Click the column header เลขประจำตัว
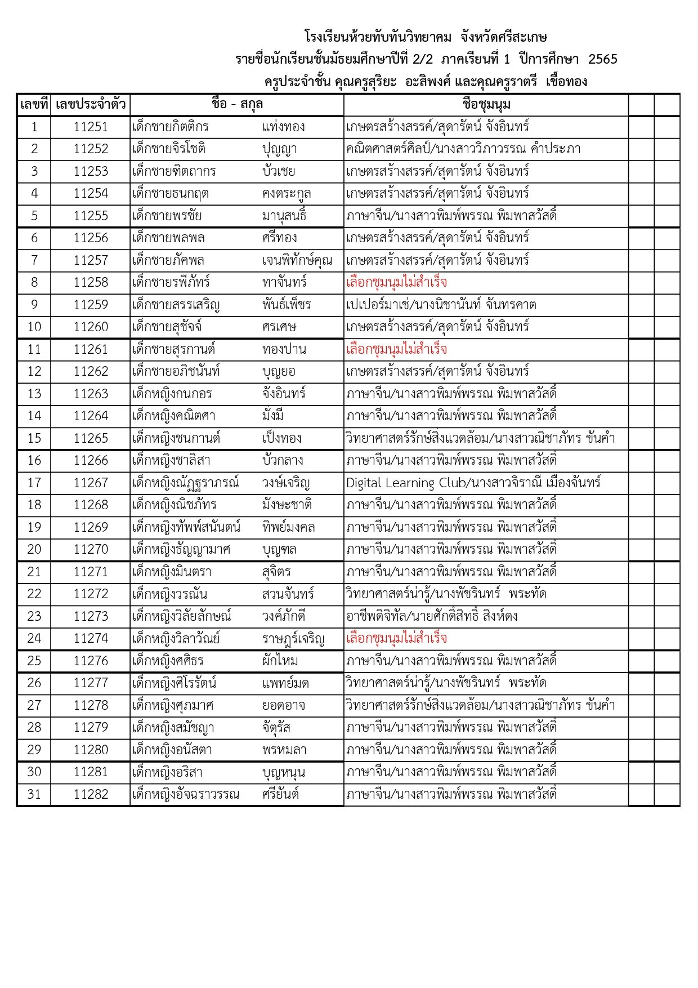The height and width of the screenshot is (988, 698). click(x=90, y=105)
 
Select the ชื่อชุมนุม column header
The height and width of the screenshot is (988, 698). click(x=486, y=105)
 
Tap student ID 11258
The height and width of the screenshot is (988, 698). click(x=90, y=282)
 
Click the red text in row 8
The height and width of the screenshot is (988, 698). click(x=396, y=282)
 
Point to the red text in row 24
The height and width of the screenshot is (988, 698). click(x=396, y=638)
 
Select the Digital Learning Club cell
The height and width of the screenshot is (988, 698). click(x=473, y=483)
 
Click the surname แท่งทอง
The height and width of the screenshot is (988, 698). click(x=284, y=127)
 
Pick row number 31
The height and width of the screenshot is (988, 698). click(x=34, y=794)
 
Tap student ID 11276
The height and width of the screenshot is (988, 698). click(x=90, y=661)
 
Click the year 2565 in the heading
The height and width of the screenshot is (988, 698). click(x=602, y=59)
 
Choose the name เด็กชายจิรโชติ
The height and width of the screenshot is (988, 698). click(x=169, y=149)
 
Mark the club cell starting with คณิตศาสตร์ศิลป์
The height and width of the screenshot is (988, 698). click(x=463, y=149)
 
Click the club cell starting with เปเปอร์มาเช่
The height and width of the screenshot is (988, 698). click(x=441, y=305)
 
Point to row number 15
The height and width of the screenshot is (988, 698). click(x=34, y=438)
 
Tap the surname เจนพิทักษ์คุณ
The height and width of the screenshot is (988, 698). click(x=297, y=260)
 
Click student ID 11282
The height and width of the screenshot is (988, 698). click(x=90, y=794)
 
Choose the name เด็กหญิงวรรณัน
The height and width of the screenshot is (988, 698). click(x=169, y=594)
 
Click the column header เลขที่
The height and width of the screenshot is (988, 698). click(x=34, y=105)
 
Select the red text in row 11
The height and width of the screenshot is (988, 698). click(x=396, y=349)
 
